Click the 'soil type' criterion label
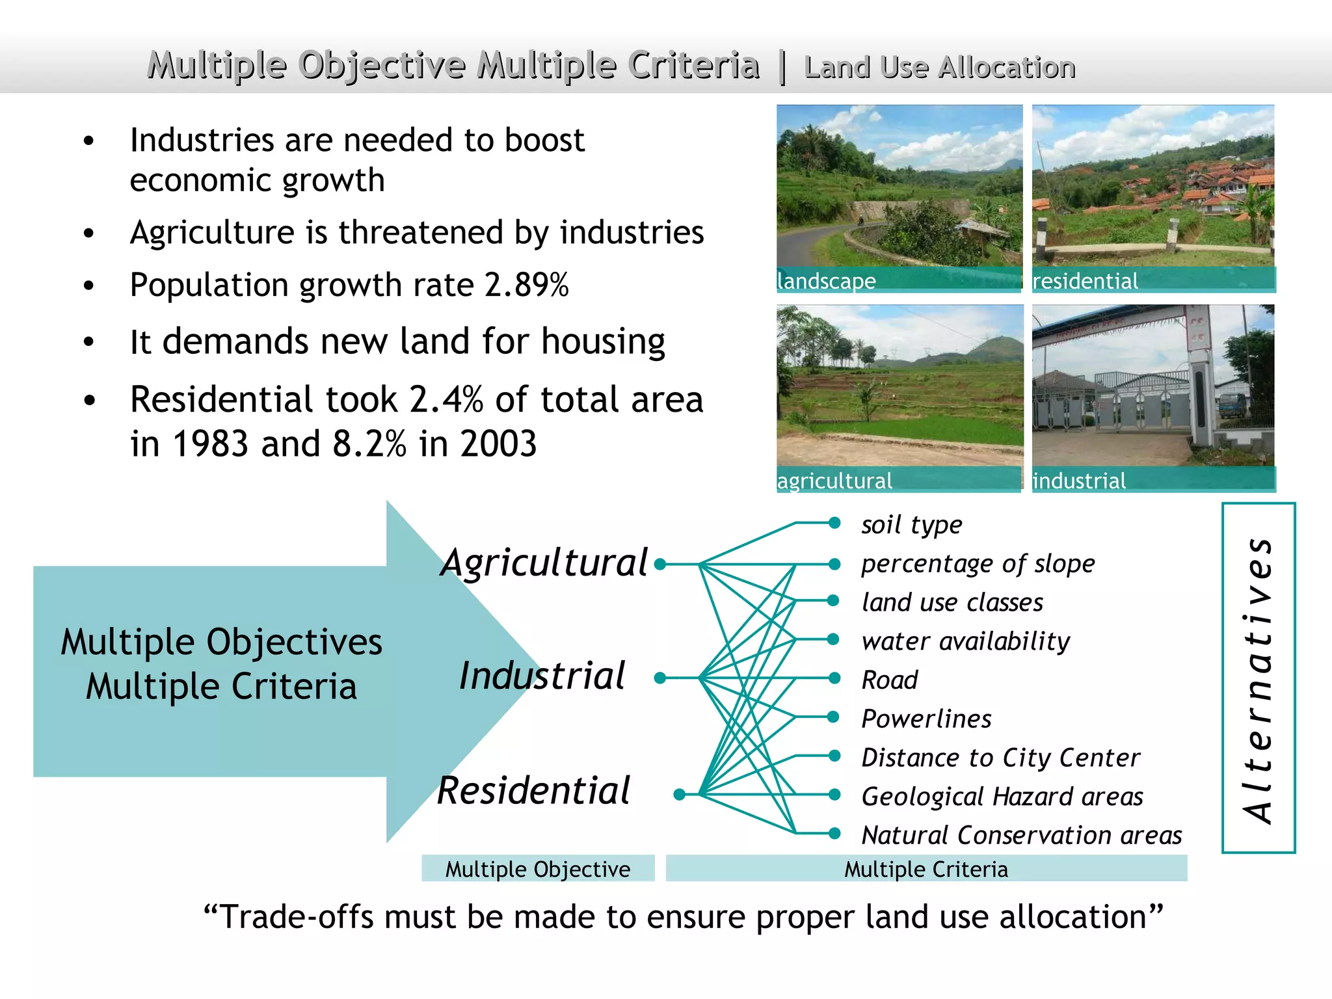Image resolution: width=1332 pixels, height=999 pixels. tap(911, 524)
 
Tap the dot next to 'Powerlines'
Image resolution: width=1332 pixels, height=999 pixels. tap(834, 717)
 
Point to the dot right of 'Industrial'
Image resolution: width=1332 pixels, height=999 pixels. tap(659, 678)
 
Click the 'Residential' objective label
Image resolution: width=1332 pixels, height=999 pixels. tap(533, 791)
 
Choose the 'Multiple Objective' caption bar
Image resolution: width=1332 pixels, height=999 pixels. tap(538, 869)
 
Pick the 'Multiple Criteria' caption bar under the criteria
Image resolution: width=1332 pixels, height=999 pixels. tap(926, 869)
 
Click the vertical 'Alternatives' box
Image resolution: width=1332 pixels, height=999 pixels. tap(1259, 678)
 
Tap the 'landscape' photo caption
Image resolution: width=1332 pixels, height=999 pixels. tap(827, 281)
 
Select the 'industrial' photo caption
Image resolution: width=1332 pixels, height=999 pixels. tap(1079, 481)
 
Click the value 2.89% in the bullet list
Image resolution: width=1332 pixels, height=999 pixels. tap(527, 285)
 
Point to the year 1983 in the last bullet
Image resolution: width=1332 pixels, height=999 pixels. tap(210, 444)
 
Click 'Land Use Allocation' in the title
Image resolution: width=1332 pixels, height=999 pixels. tap(940, 68)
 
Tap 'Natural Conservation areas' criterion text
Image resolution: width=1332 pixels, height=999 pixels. tap(1021, 835)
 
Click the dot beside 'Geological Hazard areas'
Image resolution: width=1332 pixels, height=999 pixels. tap(834, 795)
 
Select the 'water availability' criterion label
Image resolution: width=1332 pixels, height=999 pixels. tap(965, 641)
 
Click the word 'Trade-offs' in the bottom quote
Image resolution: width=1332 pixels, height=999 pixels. tap(296, 917)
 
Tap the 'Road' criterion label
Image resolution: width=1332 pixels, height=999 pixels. tap(889, 680)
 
